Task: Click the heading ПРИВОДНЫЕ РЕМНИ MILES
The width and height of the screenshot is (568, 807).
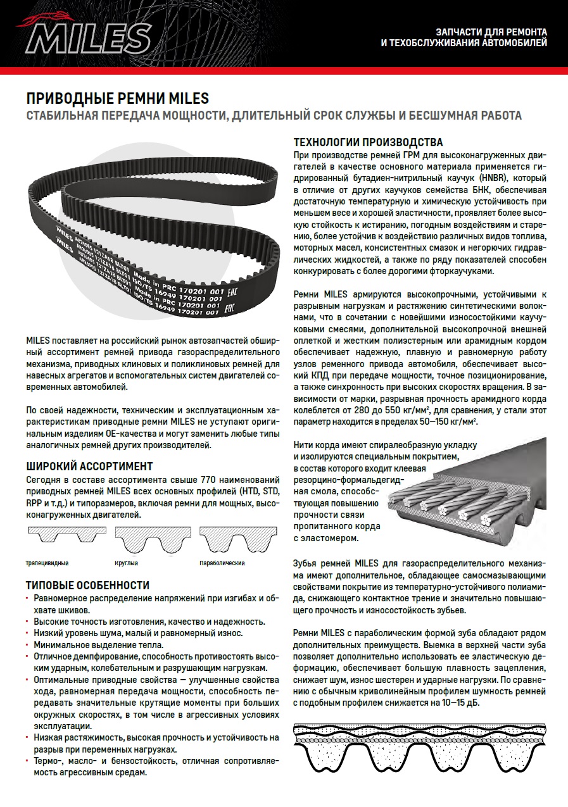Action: point(117,99)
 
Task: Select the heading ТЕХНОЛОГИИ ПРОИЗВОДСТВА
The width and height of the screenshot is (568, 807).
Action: point(368,142)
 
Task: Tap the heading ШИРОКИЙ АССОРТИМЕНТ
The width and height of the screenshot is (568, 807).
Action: point(89,466)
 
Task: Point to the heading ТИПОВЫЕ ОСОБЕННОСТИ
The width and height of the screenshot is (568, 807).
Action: point(87,585)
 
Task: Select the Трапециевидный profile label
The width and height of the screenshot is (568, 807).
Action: point(47,563)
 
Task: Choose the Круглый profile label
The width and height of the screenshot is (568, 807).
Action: point(126,563)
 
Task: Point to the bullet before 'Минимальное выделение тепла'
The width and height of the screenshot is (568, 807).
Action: point(28,646)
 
